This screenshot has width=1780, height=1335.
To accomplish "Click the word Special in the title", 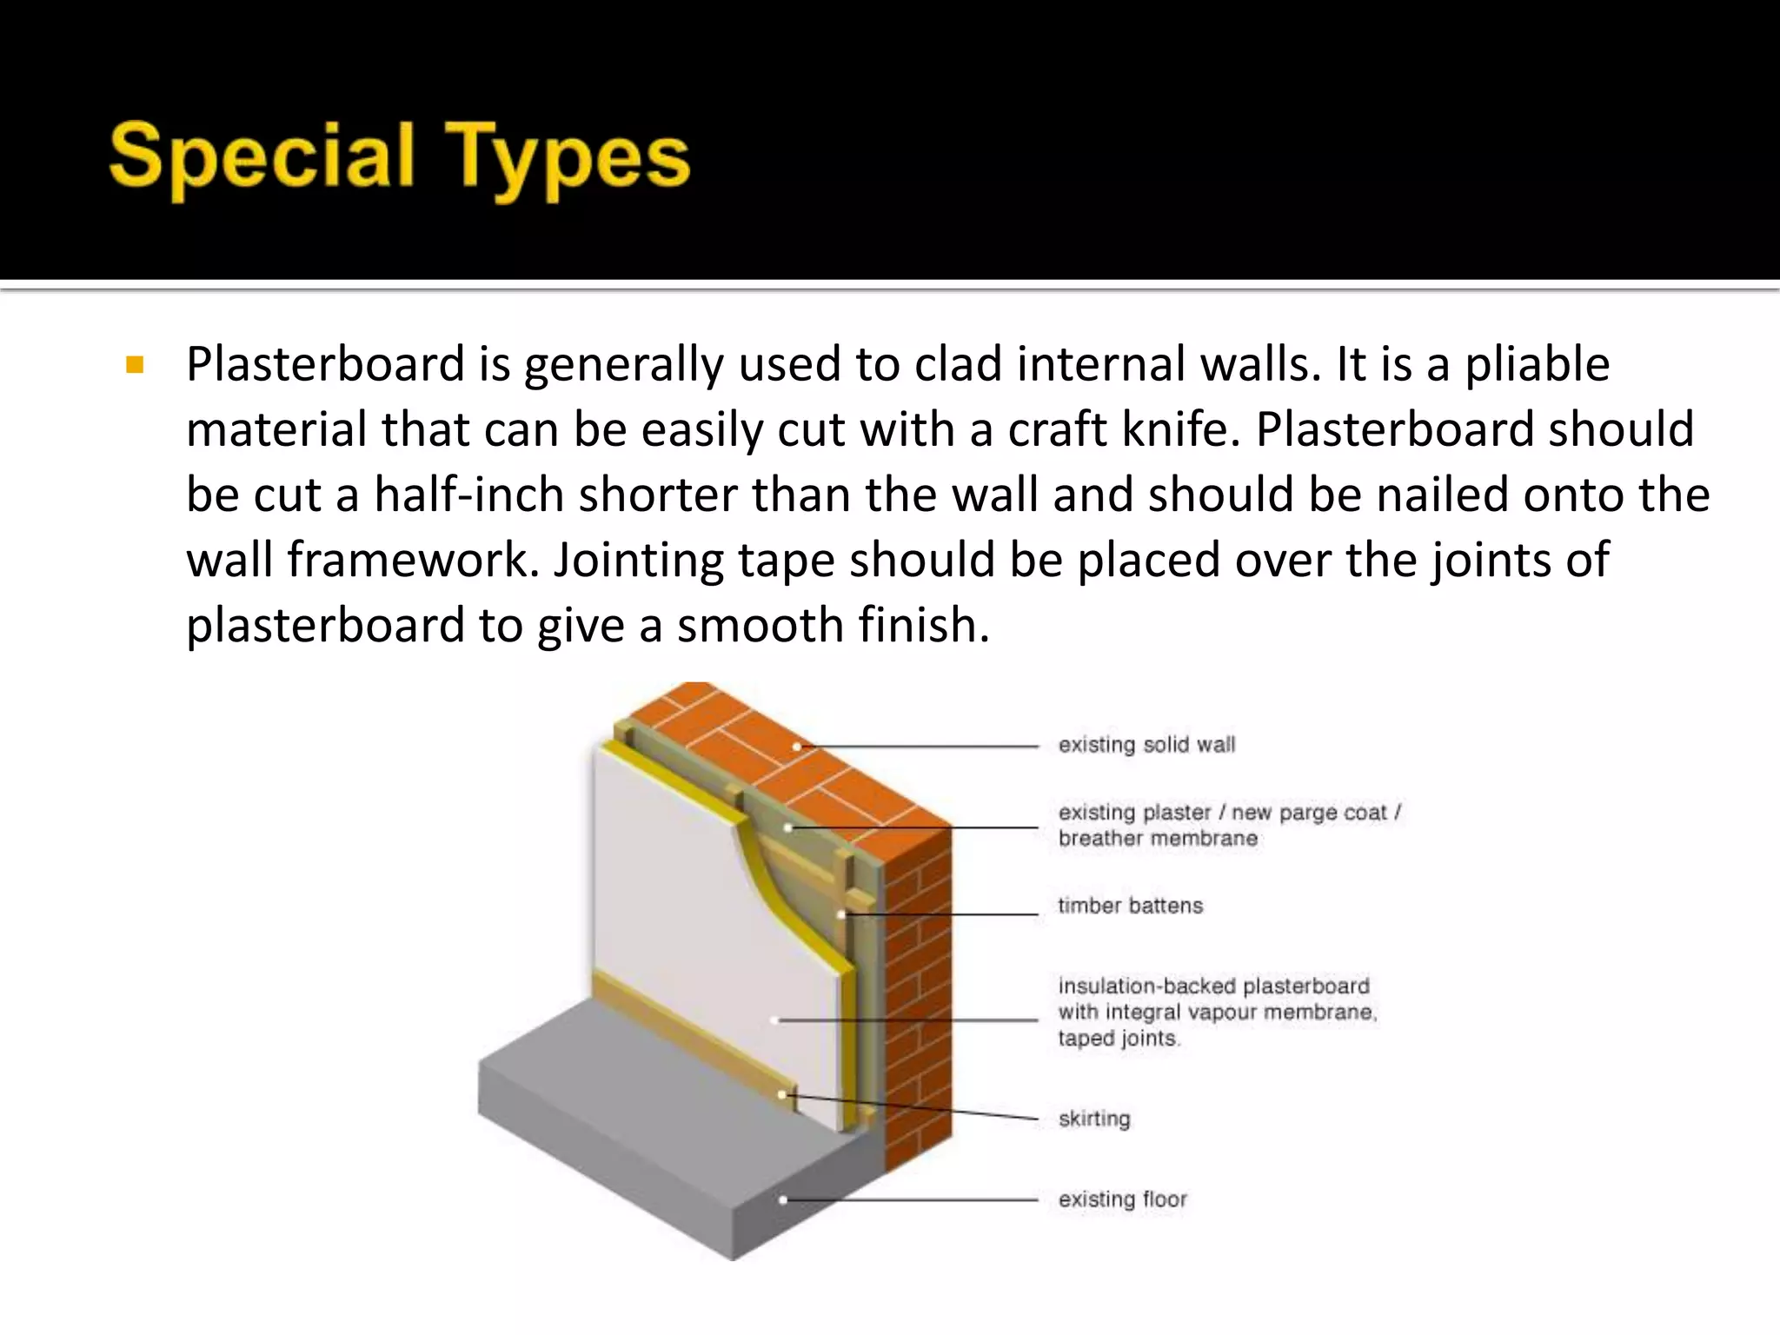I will pos(261,156).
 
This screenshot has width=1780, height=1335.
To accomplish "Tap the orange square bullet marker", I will pos(134,364).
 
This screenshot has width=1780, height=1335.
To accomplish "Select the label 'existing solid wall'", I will pos(1146,745).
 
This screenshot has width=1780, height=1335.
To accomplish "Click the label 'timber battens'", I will pos(1130,906).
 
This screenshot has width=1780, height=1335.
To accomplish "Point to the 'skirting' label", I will pos(1094,1119).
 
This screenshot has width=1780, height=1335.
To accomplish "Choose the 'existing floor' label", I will pos(1122,1199).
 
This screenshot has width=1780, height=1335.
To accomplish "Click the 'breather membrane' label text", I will pos(1158,839).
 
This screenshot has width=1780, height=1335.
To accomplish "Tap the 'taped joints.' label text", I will pos(1118,1039).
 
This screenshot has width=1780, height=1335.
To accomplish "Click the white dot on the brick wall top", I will pos(796,746).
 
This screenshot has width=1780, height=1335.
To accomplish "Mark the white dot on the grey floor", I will pos(783,1200).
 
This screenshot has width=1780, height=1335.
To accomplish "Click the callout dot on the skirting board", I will pos(782,1095).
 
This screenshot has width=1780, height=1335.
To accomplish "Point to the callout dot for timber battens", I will pos(841,914).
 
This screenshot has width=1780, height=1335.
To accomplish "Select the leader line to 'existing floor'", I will pos(913,1200).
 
